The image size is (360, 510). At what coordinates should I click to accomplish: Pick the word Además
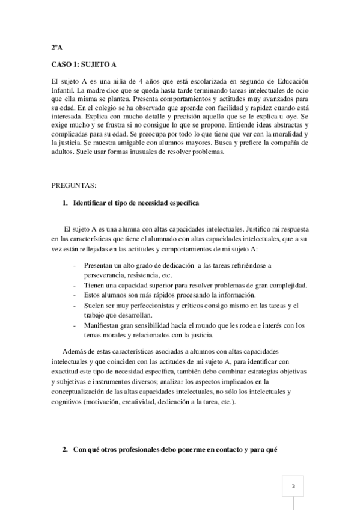76,351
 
